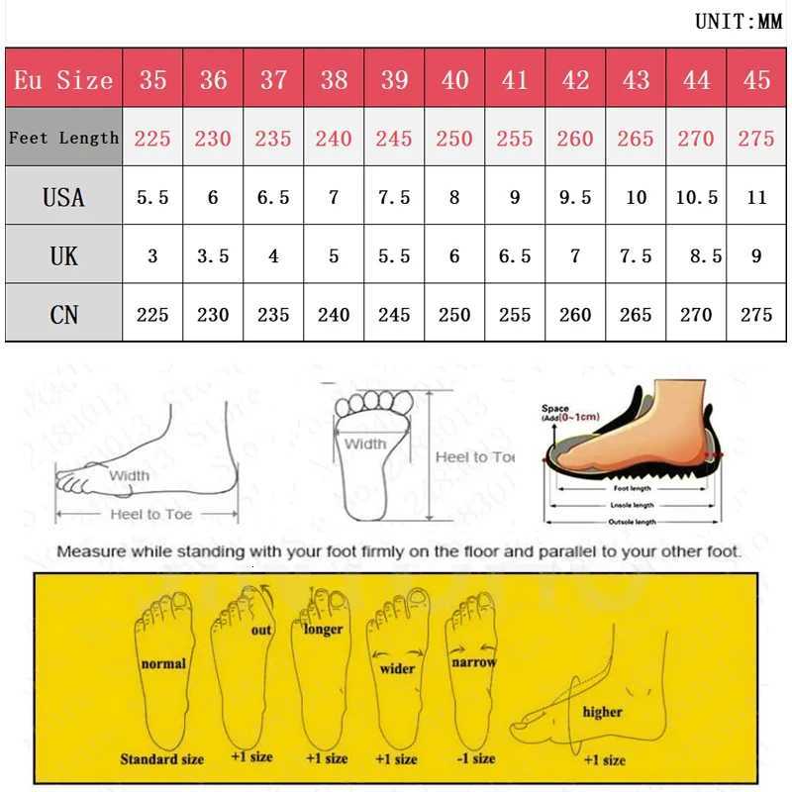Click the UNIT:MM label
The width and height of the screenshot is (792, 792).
[738, 22]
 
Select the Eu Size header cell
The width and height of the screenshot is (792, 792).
[63, 80]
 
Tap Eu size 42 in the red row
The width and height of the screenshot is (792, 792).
[575, 80]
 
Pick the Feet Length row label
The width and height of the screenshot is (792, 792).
[63, 138]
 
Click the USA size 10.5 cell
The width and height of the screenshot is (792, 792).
[696, 197]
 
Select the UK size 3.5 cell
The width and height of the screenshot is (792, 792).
[213, 256]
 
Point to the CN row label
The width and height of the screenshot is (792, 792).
[63, 315]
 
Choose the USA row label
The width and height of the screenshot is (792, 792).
[63, 197]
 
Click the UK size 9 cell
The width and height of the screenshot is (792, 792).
[756, 256]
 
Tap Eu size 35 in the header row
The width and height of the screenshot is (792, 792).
[152, 80]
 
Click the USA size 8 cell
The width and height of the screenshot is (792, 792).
[454, 197]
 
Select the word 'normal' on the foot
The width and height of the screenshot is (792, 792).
[163, 663]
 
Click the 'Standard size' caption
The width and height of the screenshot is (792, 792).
[162, 759]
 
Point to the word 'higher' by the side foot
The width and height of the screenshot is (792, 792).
[602, 712]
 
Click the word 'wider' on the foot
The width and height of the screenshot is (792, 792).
[397, 668]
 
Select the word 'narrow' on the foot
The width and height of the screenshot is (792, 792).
[473, 662]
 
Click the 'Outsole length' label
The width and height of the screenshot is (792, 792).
[631, 521]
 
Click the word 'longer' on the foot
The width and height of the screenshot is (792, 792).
[324, 629]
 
